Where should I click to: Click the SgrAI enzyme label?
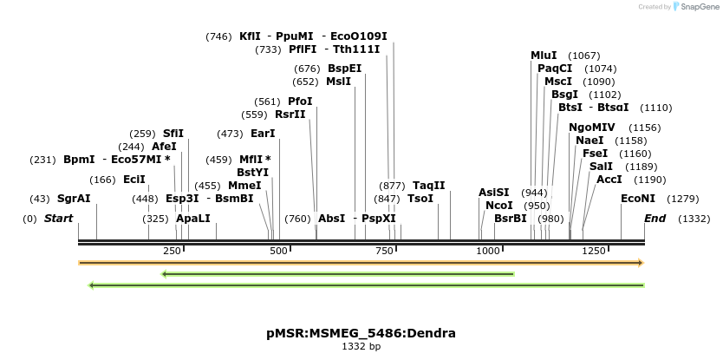pos(74,199)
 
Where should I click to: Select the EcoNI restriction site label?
pos(638,199)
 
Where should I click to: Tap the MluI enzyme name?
pos(544,56)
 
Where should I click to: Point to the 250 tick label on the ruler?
pos(172,250)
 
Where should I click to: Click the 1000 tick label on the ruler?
pos(489,250)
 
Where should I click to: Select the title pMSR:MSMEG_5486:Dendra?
pos(361,333)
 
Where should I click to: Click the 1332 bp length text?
pos(361,346)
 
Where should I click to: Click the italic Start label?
pos(58,219)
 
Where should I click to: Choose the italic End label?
pos(655,219)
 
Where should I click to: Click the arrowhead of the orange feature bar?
pos(640,262)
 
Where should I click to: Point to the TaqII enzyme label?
pos(428,186)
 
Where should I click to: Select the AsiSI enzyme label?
pos(493,193)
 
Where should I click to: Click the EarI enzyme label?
pos(262,134)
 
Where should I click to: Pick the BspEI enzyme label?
pos(344,69)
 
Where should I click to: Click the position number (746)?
pos(218,36)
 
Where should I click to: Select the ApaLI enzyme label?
pos(192,219)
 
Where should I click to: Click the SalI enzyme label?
pos(601,167)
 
